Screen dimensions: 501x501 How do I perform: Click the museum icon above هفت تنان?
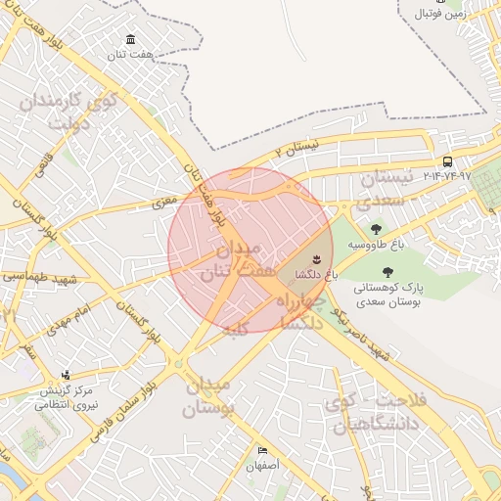tap(130, 39)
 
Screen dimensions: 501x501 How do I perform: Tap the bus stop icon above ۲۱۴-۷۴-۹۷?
tap(447, 161)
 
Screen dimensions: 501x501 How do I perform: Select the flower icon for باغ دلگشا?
tap(316, 258)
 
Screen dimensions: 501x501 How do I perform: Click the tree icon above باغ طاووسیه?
tap(378, 228)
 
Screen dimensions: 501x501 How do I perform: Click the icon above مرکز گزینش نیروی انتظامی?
tap(66, 375)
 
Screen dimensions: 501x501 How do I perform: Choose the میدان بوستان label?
tap(212, 397)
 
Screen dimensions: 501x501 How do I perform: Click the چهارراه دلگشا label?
tap(311, 311)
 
